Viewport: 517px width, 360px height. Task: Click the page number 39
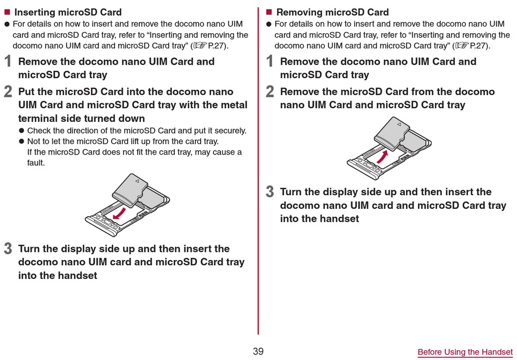tap(258, 351)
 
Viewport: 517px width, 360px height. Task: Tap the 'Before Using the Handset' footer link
tap(465, 352)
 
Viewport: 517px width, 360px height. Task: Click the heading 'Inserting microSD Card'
tap(68, 12)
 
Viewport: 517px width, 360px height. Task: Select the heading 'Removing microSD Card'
tap(332, 12)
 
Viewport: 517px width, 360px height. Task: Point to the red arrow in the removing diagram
tap(384, 158)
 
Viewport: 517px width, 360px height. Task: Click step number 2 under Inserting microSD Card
tap(8, 92)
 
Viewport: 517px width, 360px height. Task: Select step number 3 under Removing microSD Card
tap(270, 192)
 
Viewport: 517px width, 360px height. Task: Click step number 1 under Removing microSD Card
tap(270, 61)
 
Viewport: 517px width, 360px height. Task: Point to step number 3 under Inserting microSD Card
tap(8, 249)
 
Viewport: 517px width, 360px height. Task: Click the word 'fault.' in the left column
tap(36, 163)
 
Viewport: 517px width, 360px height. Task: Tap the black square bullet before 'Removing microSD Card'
tap(268, 12)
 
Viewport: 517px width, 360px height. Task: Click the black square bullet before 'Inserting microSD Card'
tap(7, 12)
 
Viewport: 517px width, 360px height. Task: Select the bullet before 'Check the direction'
tap(22, 131)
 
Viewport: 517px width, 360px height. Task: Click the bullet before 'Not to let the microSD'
tap(22, 141)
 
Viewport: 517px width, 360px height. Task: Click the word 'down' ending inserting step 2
tap(131, 118)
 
